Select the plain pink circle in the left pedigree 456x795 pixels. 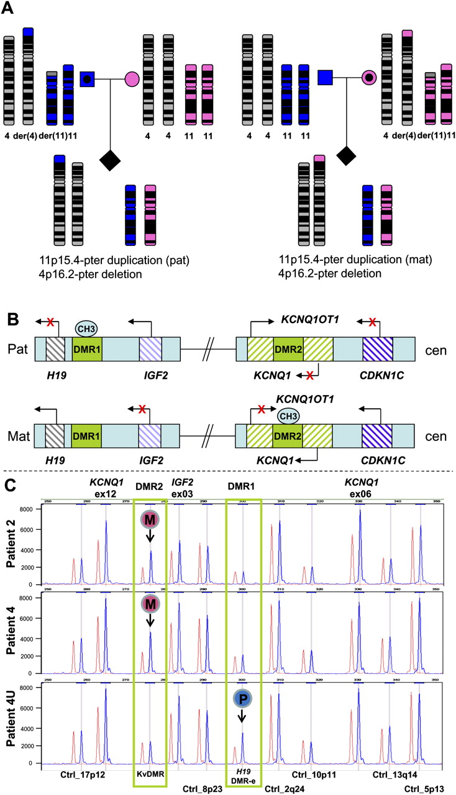click(x=132, y=79)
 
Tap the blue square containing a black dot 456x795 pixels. click(x=88, y=79)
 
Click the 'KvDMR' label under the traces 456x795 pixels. click(x=150, y=773)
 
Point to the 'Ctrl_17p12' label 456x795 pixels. click(x=83, y=773)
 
